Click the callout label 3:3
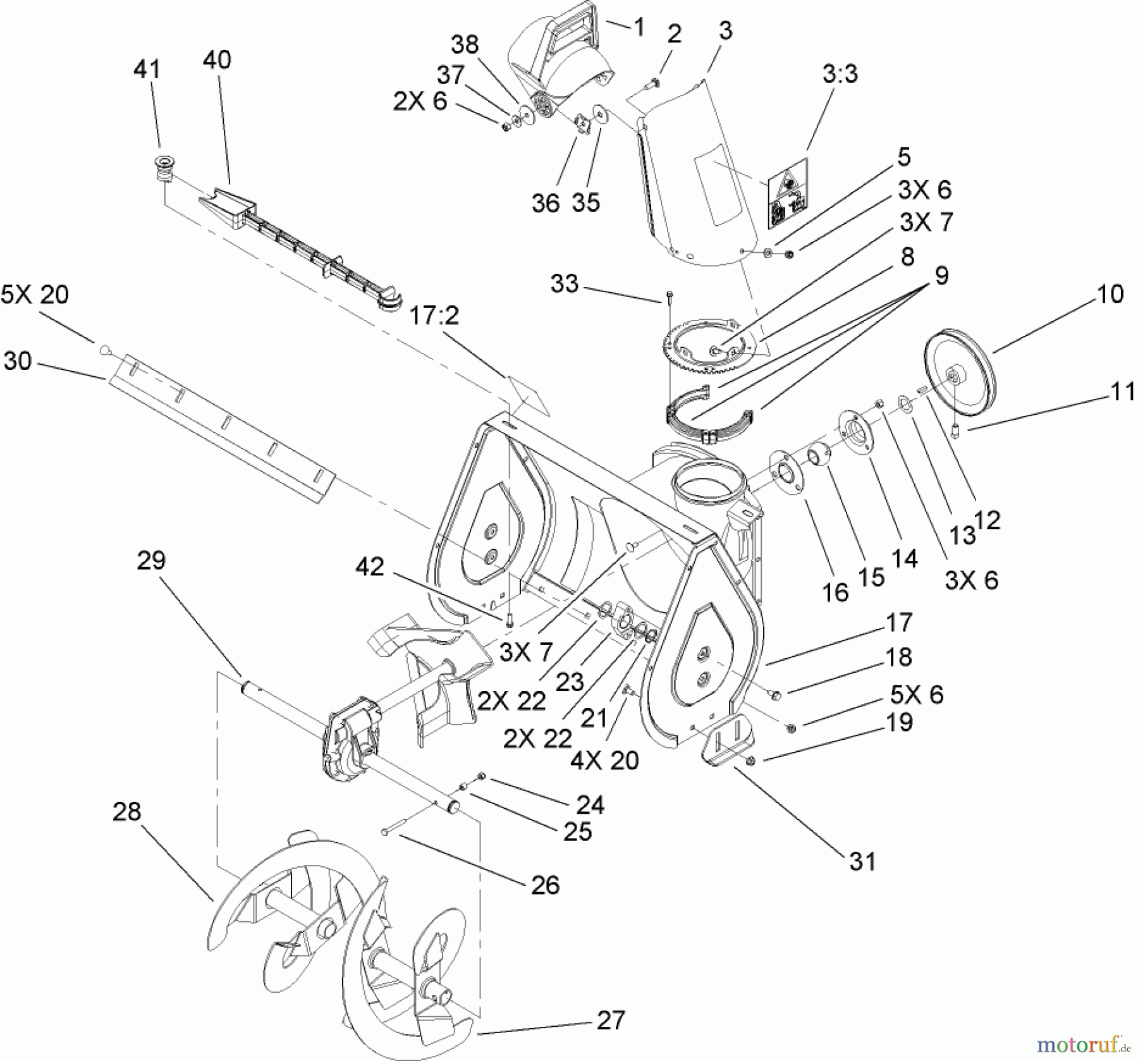tap(840, 74)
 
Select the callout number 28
tap(126, 811)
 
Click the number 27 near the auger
tap(610, 1019)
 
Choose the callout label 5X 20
tap(35, 295)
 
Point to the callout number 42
tap(370, 567)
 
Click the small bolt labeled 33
tap(669, 297)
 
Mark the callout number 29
tap(151, 560)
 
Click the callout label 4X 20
tap(604, 760)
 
